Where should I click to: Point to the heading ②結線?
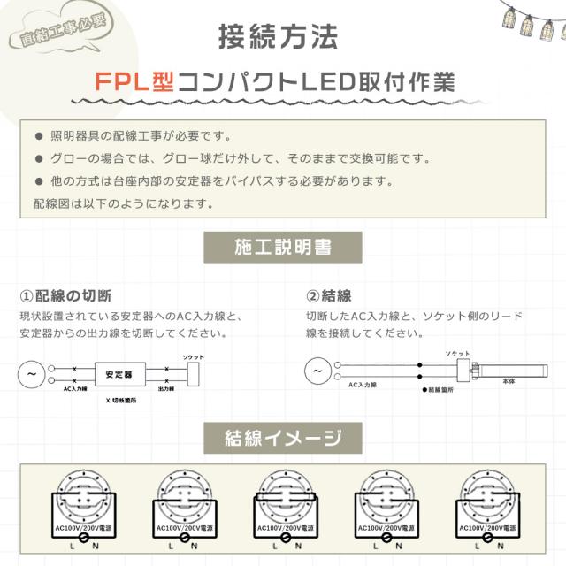329,295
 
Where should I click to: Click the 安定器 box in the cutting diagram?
119,375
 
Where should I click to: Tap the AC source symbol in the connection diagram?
317,370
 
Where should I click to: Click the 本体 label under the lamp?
508,381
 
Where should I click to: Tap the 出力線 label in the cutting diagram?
164,389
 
